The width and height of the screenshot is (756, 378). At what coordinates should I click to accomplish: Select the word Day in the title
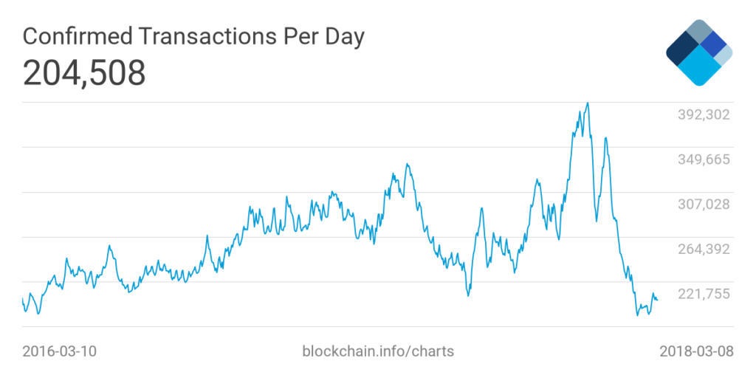[x=343, y=37]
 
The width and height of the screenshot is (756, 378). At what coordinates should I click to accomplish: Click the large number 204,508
[x=84, y=73]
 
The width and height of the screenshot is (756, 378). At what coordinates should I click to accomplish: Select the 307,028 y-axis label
[x=704, y=204]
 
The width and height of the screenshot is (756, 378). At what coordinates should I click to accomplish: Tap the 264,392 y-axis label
[x=704, y=249]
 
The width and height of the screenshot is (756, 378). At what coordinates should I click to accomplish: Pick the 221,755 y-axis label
[x=704, y=294]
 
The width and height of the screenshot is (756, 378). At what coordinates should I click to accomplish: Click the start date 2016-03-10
[x=59, y=351]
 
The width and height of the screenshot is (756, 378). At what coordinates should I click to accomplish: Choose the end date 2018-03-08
[x=696, y=351]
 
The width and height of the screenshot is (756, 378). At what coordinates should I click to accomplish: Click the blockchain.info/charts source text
[x=378, y=351]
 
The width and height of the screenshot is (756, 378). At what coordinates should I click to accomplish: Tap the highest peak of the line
[x=587, y=103]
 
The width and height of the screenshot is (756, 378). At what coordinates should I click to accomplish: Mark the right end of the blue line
[x=657, y=299]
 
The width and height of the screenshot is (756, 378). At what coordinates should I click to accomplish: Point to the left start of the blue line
[x=23, y=298]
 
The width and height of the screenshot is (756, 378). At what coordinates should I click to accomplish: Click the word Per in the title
[x=293, y=37]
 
